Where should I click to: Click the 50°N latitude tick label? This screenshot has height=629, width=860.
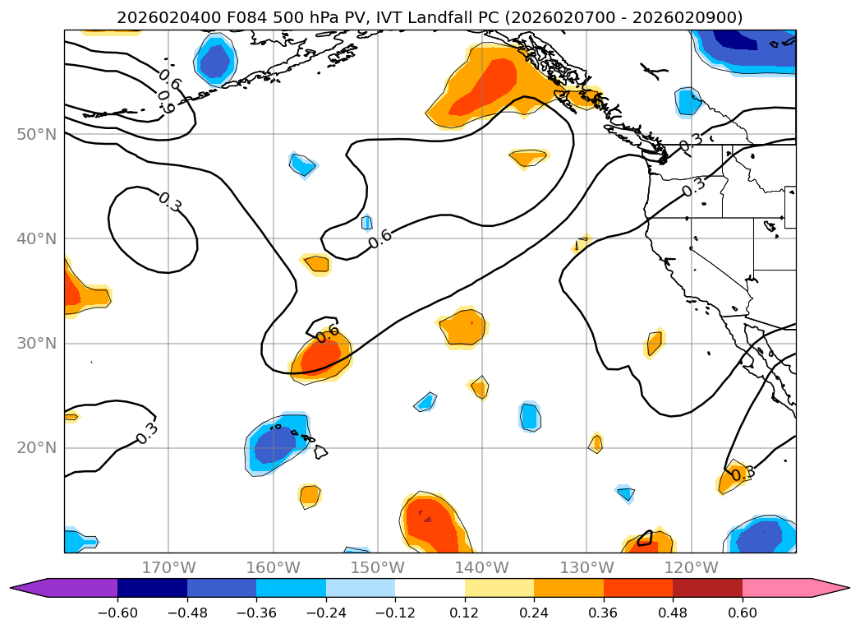tap(36, 134)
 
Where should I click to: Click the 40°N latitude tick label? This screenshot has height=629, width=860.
tap(36, 238)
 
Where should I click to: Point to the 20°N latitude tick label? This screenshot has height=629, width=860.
tap(36, 447)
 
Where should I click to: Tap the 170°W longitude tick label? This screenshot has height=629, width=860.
tap(169, 567)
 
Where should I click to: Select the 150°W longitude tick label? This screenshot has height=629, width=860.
tap(378, 567)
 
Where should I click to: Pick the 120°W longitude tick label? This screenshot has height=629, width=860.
tap(691, 567)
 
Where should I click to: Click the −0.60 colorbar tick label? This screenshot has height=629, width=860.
tap(117, 613)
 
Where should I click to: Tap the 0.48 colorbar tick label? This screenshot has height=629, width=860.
tap(673, 613)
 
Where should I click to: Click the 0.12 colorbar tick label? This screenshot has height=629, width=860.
tap(464, 613)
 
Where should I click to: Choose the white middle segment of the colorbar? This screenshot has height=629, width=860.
tap(430, 587)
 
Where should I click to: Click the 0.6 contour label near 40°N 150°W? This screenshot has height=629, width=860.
tap(379, 239)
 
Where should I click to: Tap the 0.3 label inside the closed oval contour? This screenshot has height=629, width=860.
tap(170, 202)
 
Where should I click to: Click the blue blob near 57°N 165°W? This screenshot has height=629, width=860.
tap(216, 60)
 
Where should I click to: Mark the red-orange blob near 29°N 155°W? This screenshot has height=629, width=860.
tap(320, 357)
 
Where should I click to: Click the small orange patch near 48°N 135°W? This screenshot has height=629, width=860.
tap(527, 157)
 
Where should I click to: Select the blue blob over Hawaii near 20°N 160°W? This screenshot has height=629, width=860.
tap(275, 447)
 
